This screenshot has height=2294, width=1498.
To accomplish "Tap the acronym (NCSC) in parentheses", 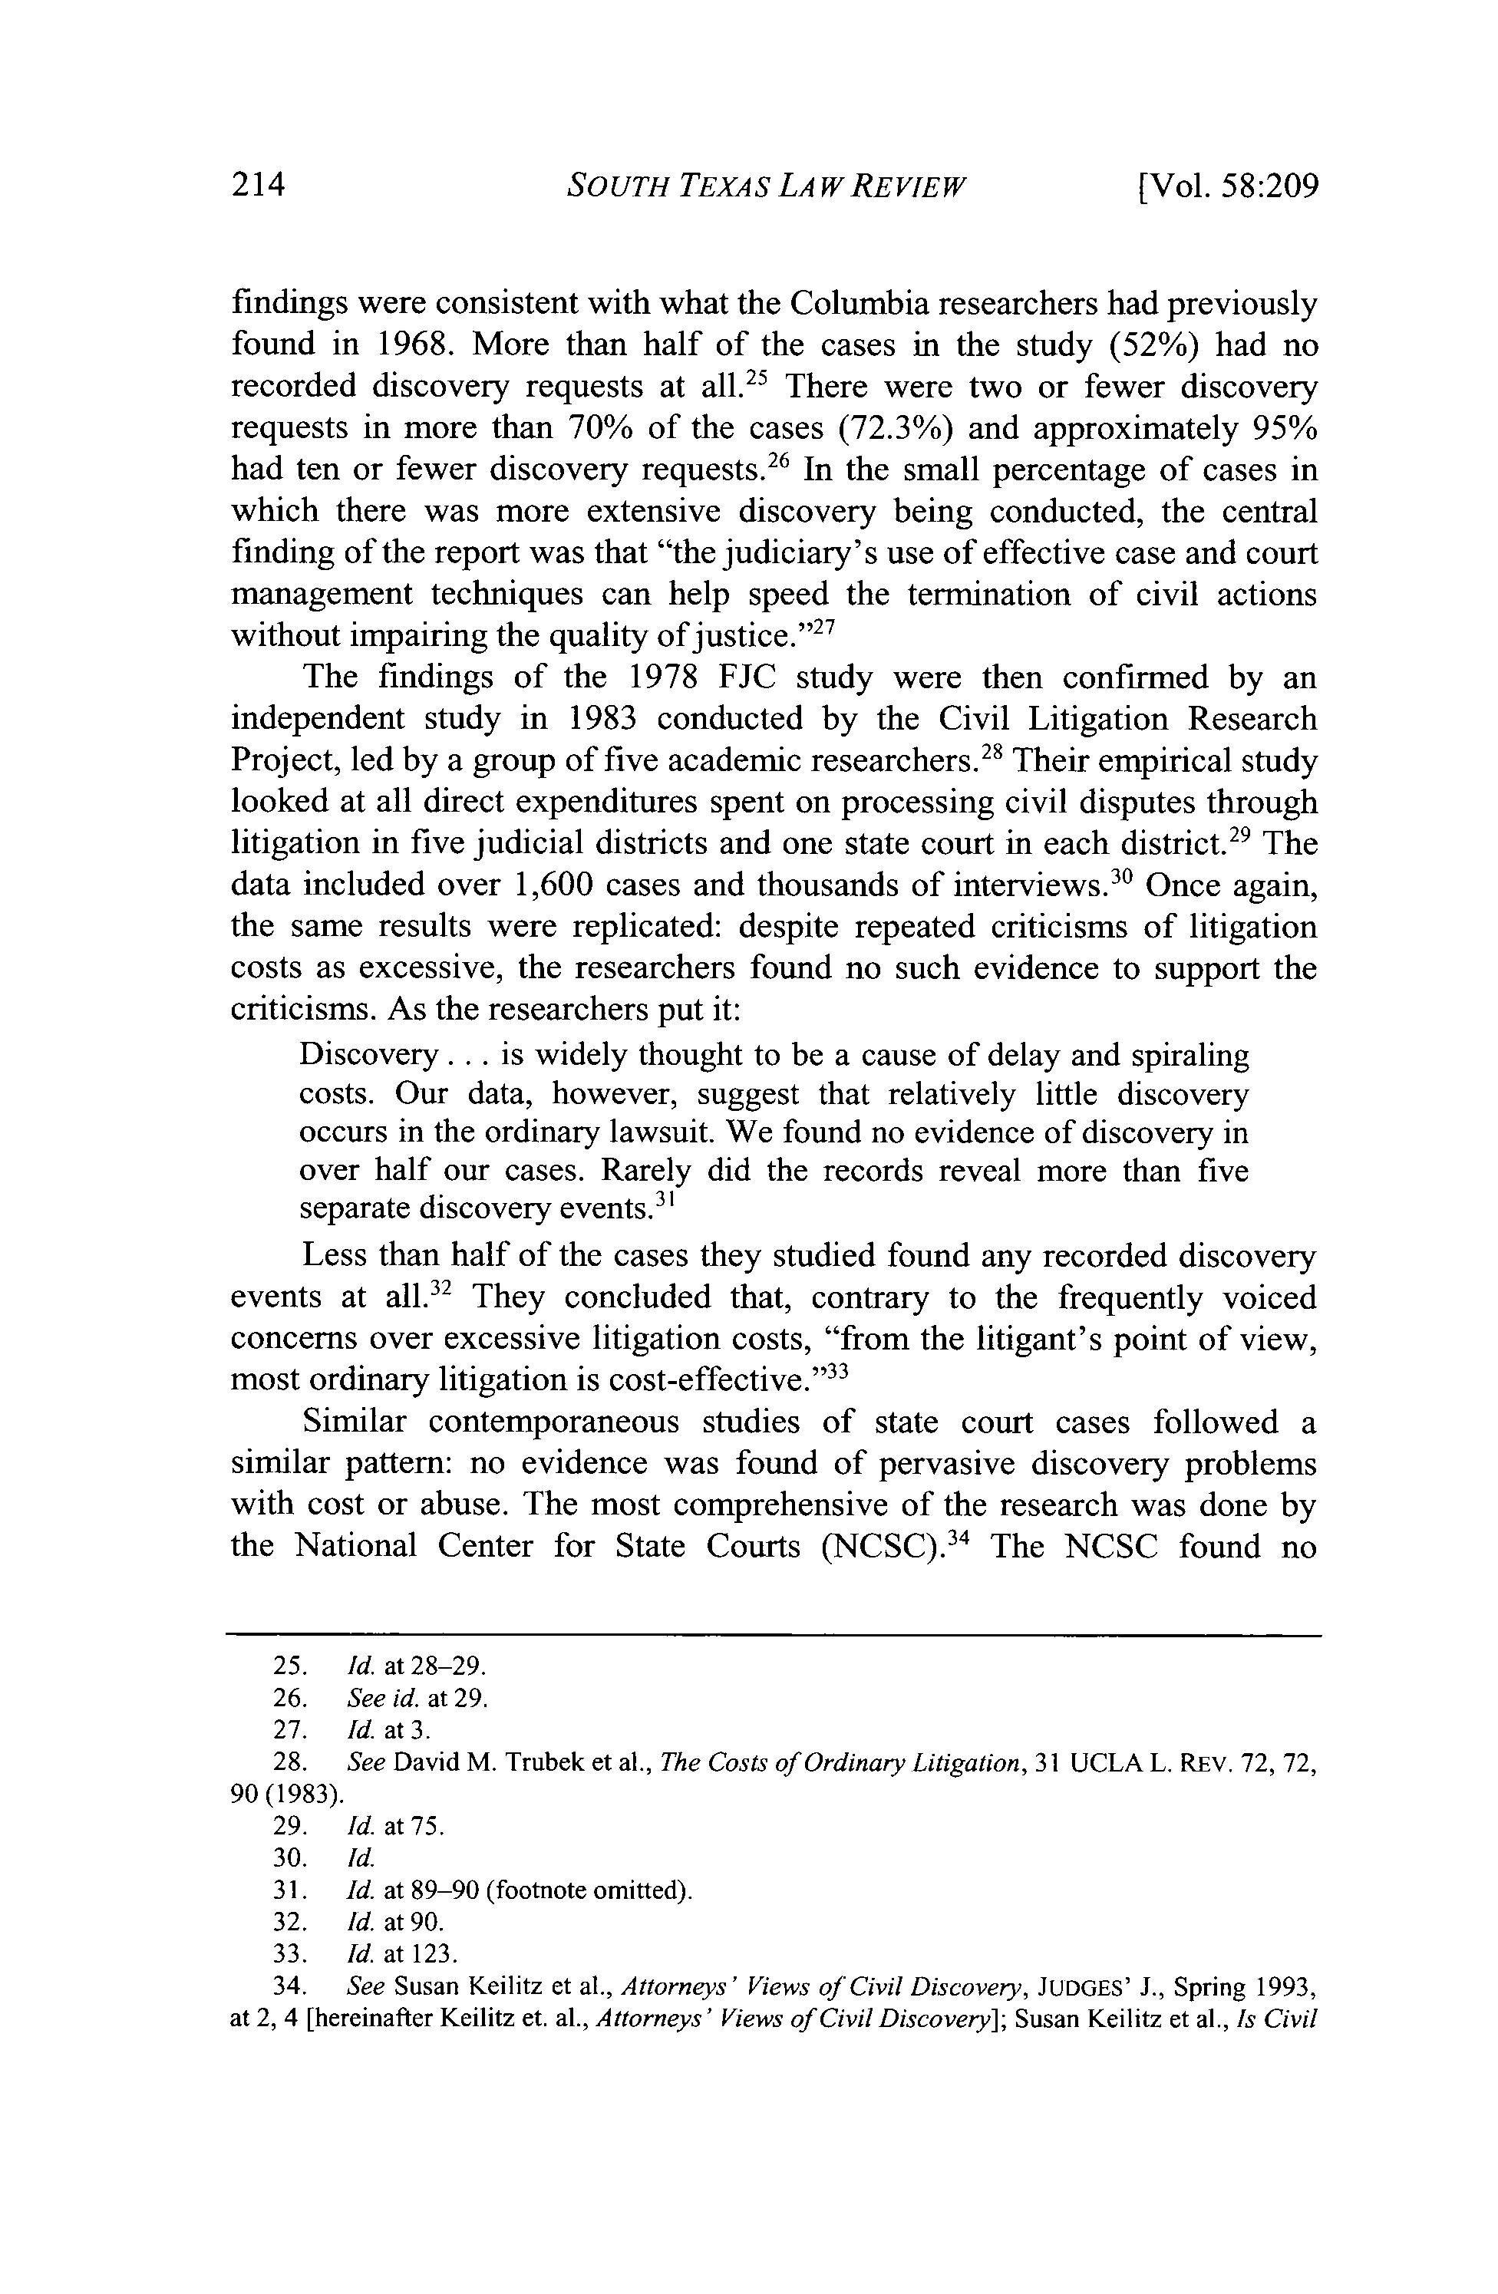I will point(880,1546).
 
